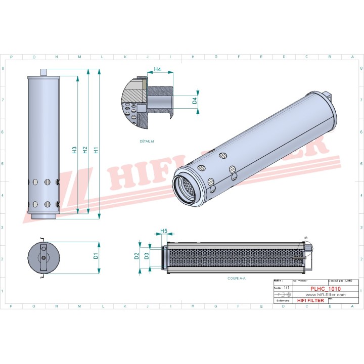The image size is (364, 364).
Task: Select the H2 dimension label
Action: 85,150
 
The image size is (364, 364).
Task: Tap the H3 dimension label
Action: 74,150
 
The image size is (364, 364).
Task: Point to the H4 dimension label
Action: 157,69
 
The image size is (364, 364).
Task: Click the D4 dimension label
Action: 194,101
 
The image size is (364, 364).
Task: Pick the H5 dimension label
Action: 164,231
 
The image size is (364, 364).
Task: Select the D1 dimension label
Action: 96,256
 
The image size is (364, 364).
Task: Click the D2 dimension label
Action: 136,256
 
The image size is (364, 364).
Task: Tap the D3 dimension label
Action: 147,256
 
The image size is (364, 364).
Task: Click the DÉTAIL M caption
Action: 147,141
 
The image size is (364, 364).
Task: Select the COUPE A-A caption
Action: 236,278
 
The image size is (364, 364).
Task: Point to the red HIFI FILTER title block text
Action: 309,301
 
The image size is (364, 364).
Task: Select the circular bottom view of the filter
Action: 42,257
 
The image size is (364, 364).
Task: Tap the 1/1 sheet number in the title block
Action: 287,287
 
